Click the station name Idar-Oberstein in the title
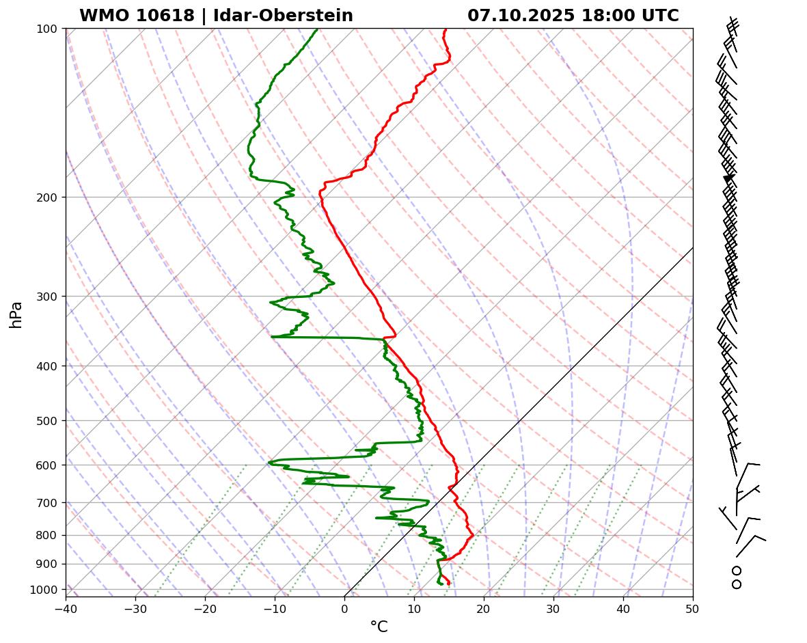pyautogui.click(x=283, y=16)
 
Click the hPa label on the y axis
pyautogui.click(x=16, y=314)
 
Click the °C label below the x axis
pyautogui.click(x=379, y=627)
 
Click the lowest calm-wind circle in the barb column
pyautogui.click(x=737, y=584)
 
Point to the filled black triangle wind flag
pyautogui.click(x=728, y=178)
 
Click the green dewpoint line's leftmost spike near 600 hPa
pyautogui.click(x=269, y=463)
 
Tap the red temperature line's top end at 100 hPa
pyautogui.click(x=446, y=29)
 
